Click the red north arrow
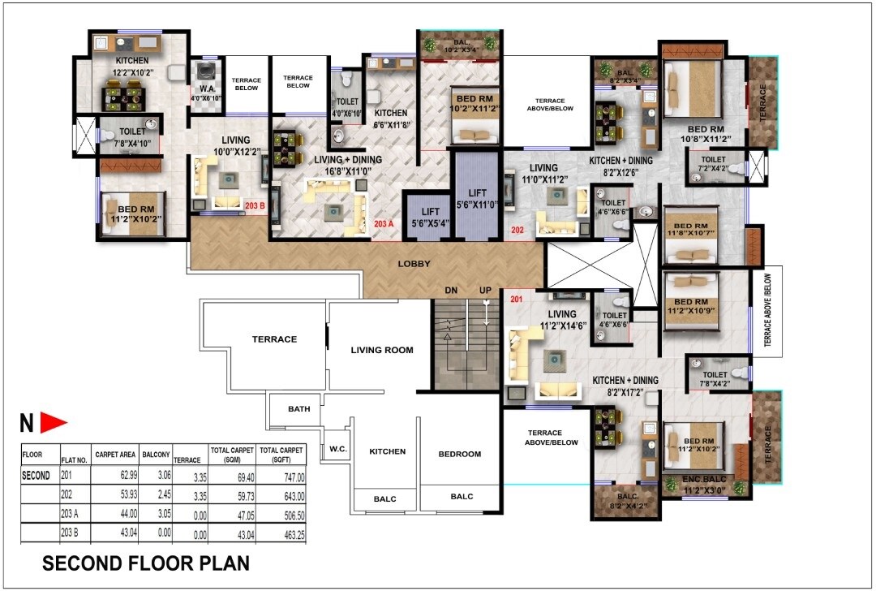click(x=54, y=422)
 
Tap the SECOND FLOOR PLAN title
click(x=146, y=563)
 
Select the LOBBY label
click(x=414, y=265)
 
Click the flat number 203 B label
click(x=255, y=205)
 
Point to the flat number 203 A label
click(x=384, y=223)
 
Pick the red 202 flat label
click(x=517, y=231)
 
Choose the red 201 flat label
click(x=517, y=300)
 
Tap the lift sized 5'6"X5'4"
click(x=425, y=217)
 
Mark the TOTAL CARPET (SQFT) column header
click(x=281, y=454)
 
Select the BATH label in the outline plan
click(x=298, y=409)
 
